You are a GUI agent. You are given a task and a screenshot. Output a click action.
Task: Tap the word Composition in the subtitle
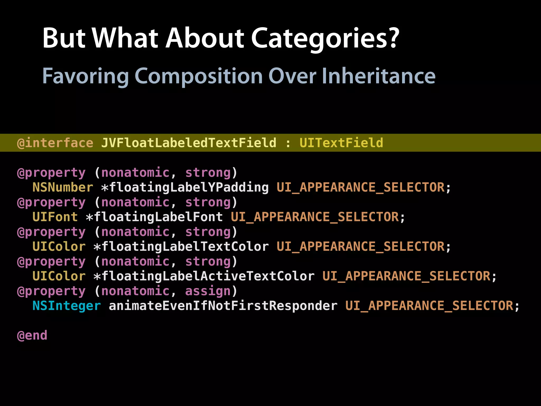coord(198,76)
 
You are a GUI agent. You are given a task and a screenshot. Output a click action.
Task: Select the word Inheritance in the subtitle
coord(378,76)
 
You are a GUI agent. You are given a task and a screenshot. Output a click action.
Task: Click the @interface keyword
coord(55,143)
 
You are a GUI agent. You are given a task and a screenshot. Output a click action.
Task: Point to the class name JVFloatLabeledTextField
coord(189,143)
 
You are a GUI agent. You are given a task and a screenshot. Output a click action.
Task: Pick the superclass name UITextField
coord(341,143)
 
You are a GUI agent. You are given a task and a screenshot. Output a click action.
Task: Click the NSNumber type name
coord(63,187)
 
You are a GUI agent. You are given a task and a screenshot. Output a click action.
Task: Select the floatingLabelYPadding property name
coord(189,187)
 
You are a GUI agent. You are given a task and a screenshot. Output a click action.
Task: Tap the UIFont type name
coord(55,217)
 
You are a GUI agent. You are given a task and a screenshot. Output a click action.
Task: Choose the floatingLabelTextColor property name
coord(185,247)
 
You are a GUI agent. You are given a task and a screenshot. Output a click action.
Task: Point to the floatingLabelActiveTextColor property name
coord(208,276)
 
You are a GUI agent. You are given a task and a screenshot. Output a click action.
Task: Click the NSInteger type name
coord(67,306)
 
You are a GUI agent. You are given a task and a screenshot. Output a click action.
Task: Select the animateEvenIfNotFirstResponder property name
coord(223,306)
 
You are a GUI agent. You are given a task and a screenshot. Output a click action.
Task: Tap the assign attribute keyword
coord(208,291)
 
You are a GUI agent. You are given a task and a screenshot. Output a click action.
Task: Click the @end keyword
coord(32,335)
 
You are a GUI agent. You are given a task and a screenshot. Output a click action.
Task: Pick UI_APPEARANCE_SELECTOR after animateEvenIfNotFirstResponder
coord(429,306)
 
